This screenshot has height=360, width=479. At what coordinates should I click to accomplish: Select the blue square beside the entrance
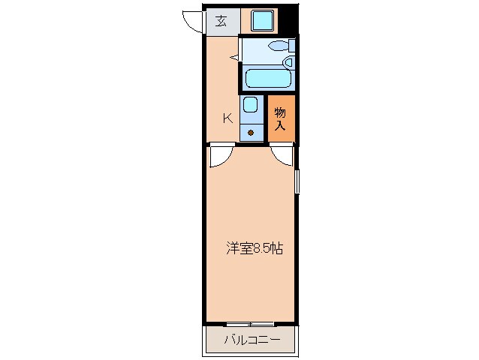click(x=263, y=21)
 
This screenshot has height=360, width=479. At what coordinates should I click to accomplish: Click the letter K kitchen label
click(x=226, y=117)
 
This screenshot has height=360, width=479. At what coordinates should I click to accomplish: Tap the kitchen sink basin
click(x=251, y=106)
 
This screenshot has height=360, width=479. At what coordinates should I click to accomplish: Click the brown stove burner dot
click(x=251, y=133)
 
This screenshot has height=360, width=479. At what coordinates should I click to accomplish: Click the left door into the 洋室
click(x=221, y=154)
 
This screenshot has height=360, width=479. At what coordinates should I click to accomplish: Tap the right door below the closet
click(x=283, y=154)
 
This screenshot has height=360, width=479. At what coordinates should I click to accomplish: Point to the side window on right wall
click(x=297, y=181)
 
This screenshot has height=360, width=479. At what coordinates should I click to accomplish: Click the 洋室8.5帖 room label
click(x=255, y=248)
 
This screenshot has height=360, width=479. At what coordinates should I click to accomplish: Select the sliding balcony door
click(x=250, y=324)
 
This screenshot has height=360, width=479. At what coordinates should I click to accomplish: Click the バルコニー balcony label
click(x=252, y=341)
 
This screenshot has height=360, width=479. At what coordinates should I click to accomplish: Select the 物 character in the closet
click(x=280, y=112)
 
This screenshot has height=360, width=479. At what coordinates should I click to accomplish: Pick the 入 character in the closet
click(x=280, y=125)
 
